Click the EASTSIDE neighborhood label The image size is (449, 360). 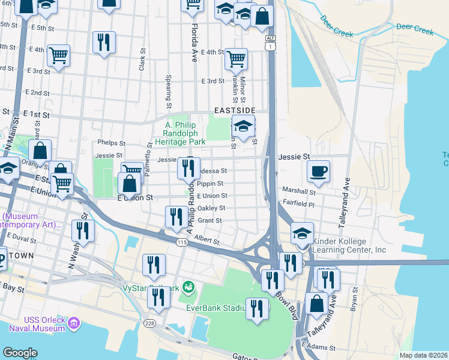(x=235, y=111)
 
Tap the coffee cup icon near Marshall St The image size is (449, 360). (x=318, y=170)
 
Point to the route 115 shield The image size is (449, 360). (x=182, y=242)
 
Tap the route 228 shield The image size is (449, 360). (x=149, y=323)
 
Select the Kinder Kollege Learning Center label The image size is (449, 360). (x=348, y=245)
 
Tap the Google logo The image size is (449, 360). (x=20, y=353)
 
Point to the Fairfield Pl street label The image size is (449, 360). (x=298, y=204)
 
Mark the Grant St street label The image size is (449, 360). (x=210, y=221)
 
